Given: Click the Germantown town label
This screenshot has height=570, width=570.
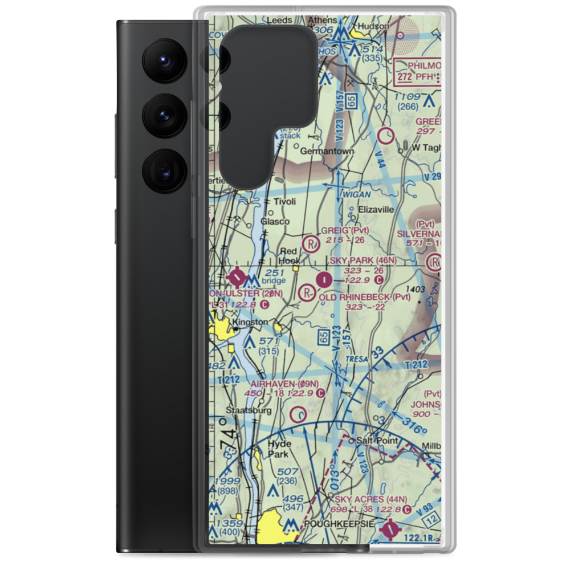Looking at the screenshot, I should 327,152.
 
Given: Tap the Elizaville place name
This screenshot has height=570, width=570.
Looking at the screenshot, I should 376,209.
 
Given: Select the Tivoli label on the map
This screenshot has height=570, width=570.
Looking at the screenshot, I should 285,202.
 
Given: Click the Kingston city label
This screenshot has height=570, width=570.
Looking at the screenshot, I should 251,323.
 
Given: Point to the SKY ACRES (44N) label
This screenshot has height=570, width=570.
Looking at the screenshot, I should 370,499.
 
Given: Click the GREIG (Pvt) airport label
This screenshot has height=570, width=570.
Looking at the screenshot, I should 344,231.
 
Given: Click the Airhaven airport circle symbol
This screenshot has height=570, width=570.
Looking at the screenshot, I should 298,413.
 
